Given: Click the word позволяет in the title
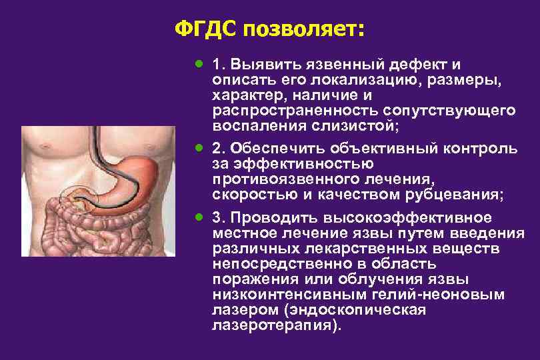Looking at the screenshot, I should pyautogui.click(x=302, y=29).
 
